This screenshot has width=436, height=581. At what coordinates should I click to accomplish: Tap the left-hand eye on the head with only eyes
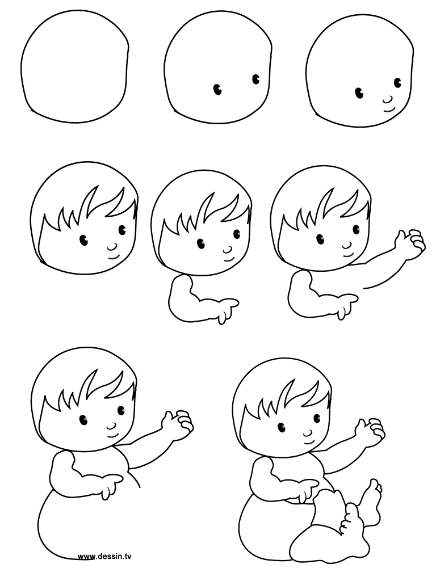pos(217,89)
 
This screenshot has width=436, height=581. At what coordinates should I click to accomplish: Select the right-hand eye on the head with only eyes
pos(255,78)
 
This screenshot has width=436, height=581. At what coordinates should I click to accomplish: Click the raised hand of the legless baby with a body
pos(179,423)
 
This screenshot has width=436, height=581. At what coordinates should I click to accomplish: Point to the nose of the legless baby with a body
pos(111,425)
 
